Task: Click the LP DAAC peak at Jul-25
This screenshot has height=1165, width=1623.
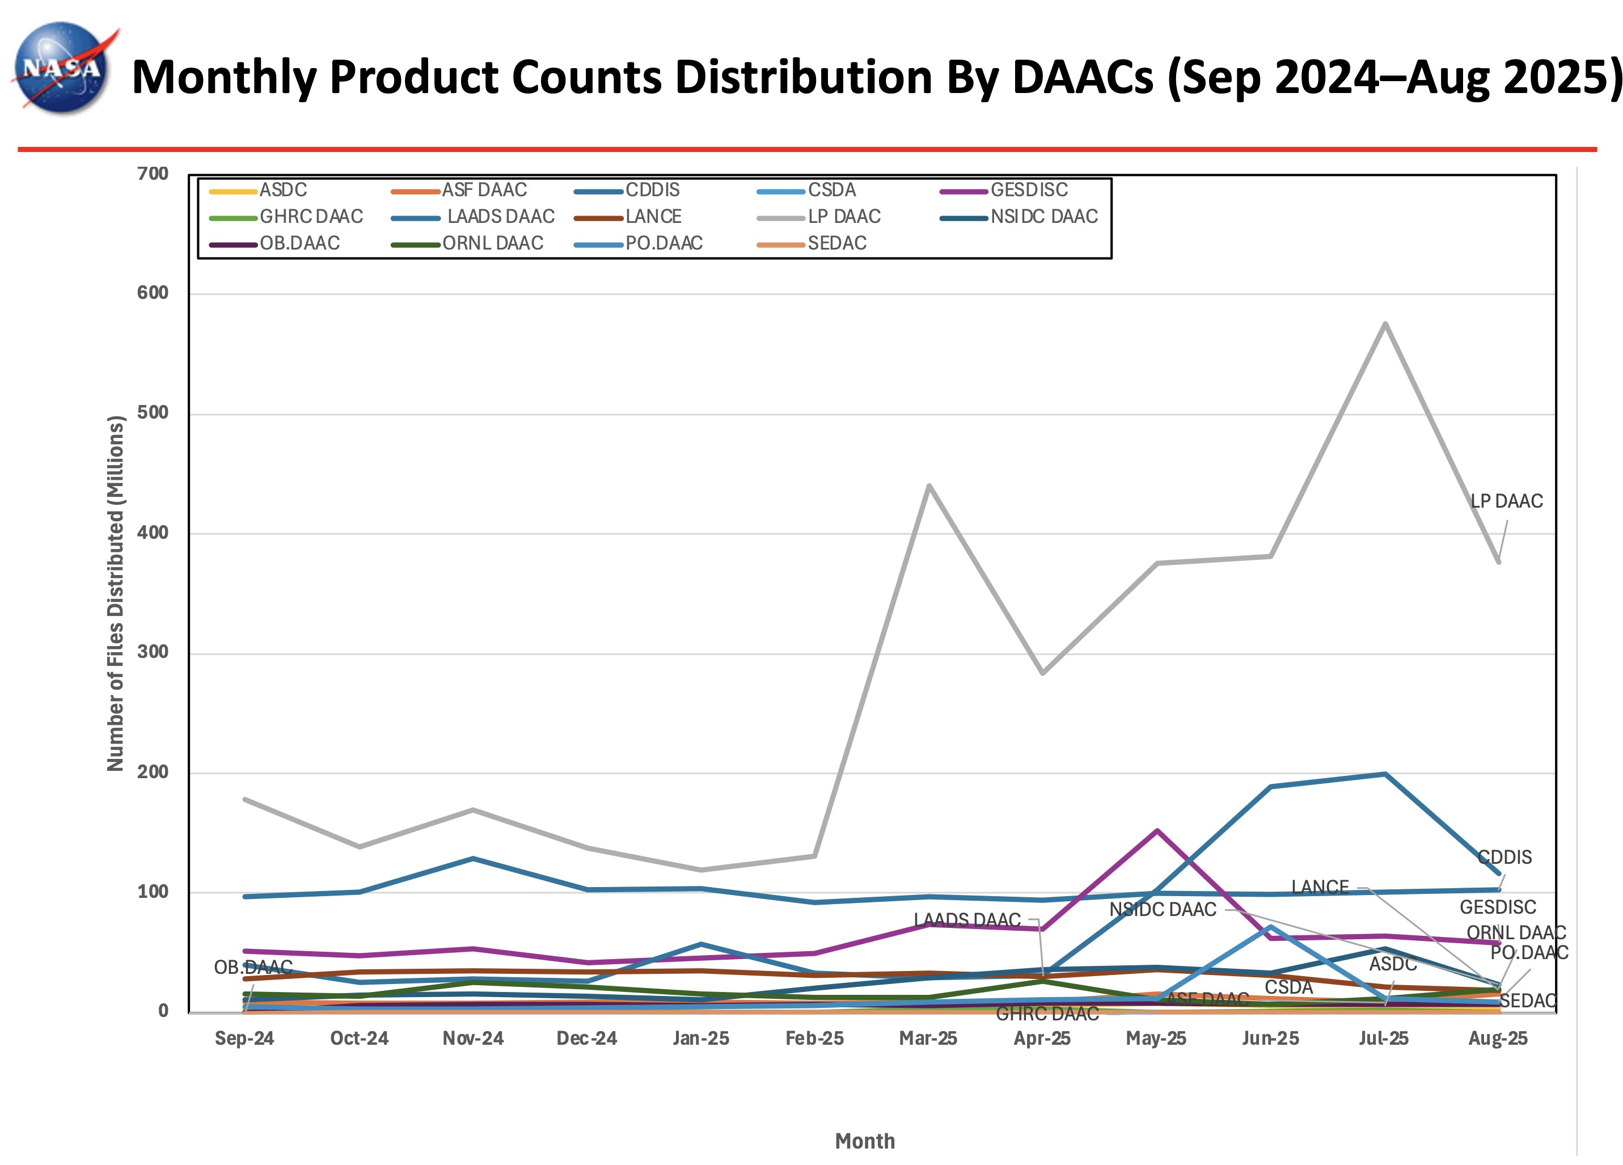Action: pyautogui.click(x=1385, y=324)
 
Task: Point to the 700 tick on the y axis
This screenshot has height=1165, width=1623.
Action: pyautogui.click(x=153, y=174)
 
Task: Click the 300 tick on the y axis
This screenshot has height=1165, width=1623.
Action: pyautogui.click(x=153, y=652)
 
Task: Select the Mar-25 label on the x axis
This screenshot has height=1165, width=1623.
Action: pyautogui.click(x=928, y=1039)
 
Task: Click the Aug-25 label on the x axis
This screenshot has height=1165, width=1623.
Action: pyautogui.click(x=1498, y=1039)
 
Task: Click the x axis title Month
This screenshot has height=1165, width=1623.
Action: pyautogui.click(x=864, y=1141)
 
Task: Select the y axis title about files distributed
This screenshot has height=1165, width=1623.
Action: pyautogui.click(x=115, y=593)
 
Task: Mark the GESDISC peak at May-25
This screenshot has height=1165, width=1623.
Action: pyautogui.click(x=1157, y=831)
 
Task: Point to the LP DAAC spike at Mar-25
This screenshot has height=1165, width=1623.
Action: pyautogui.click(x=929, y=486)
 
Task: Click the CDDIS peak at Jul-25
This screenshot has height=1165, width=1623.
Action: pyautogui.click(x=1385, y=774)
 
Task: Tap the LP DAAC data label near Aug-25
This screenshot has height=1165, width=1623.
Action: pyautogui.click(x=1506, y=501)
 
